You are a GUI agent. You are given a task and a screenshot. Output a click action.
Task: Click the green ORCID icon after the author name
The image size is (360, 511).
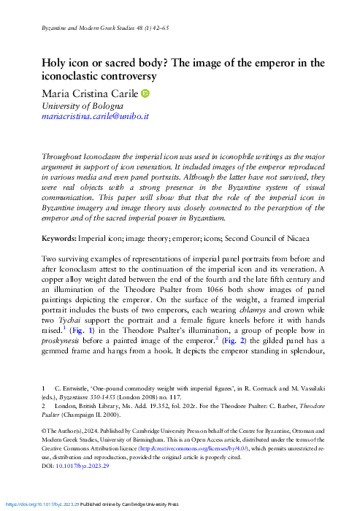(x=166, y=93)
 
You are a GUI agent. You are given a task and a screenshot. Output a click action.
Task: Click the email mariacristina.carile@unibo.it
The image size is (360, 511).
(x=95, y=115)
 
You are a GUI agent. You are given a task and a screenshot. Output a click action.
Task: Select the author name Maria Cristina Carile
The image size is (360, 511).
(x=99, y=93)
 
